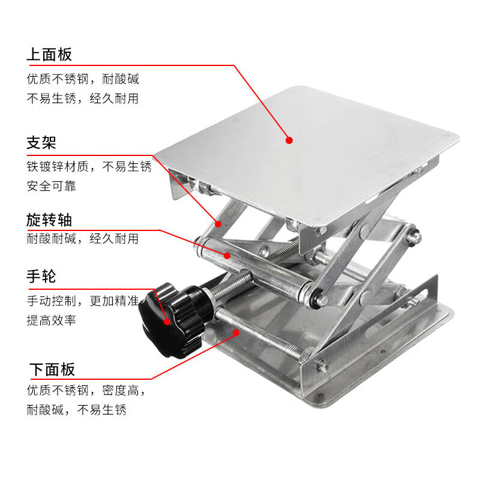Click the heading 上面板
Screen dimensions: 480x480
(x=49, y=55)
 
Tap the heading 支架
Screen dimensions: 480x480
(x=41, y=143)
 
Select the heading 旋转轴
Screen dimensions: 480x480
(x=49, y=220)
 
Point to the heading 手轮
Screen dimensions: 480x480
(x=41, y=277)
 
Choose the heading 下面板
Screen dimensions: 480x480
(x=52, y=370)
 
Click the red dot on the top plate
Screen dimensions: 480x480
(x=289, y=140)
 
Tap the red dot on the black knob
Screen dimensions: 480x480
(x=167, y=322)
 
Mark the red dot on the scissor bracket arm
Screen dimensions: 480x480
(x=218, y=224)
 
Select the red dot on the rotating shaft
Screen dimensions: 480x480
(x=227, y=256)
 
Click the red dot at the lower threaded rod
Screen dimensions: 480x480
(x=236, y=332)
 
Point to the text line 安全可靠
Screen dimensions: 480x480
(x=52, y=186)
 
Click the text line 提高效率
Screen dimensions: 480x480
(x=52, y=320)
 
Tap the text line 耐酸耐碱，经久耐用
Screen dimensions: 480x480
(x=83, y=238)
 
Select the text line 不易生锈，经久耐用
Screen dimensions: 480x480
(x=83, y=98)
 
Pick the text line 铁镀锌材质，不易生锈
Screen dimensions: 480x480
(x=89, y=167)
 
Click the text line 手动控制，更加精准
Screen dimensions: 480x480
(x=83, y=301)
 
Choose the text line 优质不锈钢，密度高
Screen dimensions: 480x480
(x=86, y=391)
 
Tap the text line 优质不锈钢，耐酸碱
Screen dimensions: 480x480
(x=83, y=79)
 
